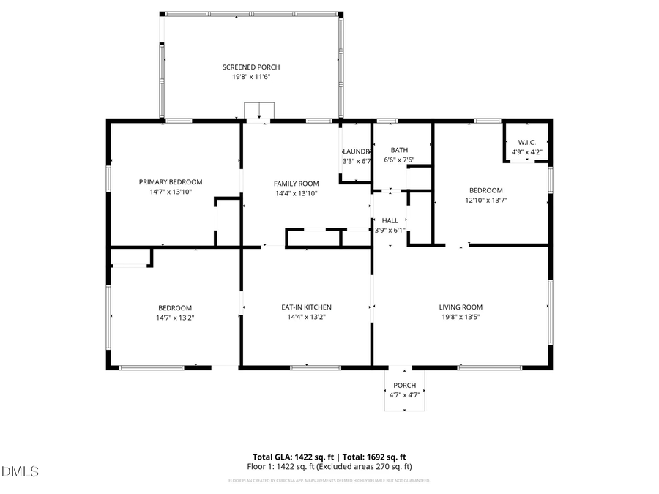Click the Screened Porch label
(251, 67)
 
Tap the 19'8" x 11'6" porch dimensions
(251, 76)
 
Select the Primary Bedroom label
(171, 181)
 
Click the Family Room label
(297, 184)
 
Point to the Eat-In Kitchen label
(307, 307)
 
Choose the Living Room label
(461, 307)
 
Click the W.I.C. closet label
(526, 142)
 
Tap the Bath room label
(399, 150)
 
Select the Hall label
(390, 220)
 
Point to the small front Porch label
(404, 386)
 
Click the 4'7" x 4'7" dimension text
(404, 395)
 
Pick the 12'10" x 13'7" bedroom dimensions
(486, 200)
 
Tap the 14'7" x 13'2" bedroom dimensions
(174, 318)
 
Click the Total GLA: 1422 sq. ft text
(293, 456)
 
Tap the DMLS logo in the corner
(20, 471)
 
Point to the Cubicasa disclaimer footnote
(329, 481)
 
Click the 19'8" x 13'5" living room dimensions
(461, 318)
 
